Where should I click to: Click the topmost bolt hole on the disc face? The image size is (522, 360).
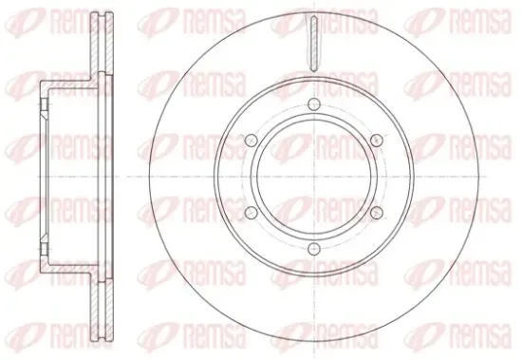[x=314, y=104]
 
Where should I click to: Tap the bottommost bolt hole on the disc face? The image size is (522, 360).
[x=314, y=249]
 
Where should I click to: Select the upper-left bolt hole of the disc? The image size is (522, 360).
[x=252, y=141]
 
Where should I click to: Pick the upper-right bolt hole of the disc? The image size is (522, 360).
[x=377, y=141]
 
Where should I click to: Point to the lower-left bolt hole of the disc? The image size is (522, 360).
[x=252, y=213]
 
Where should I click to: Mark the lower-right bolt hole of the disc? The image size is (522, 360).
[x=377, y=213]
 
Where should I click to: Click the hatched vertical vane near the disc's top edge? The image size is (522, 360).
[x=313, y=44]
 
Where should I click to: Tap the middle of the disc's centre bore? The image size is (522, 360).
[x=314, y=177]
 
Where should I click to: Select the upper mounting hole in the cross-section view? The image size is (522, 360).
[x=45, y=104]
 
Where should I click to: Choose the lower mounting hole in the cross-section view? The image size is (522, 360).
[x=45, y=249]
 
